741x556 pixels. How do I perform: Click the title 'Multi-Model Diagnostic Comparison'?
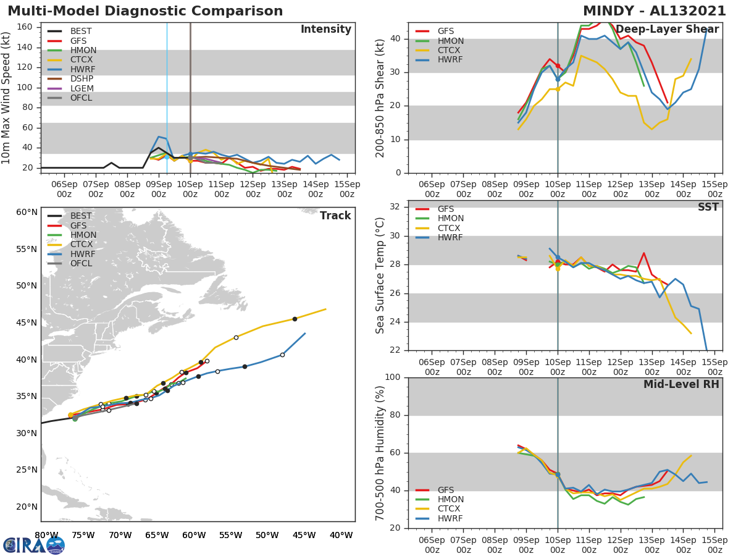(145, 11)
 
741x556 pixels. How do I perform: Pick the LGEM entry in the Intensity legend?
(82, 88)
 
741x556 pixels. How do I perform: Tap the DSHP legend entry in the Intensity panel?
(82, 79)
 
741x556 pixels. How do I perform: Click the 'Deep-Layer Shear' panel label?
(667, 30)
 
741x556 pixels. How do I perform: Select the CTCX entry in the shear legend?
(450, 50)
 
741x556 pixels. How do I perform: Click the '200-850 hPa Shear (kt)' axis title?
(380, 98)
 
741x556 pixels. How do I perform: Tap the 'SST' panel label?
(708, 207)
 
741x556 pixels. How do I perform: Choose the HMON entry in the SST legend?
(450, 219)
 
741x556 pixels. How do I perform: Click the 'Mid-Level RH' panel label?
(681, 384)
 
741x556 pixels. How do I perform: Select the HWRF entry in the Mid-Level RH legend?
(450, 518)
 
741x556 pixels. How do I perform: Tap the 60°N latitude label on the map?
(27, 212)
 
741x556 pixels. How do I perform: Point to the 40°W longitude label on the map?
(341, 535)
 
